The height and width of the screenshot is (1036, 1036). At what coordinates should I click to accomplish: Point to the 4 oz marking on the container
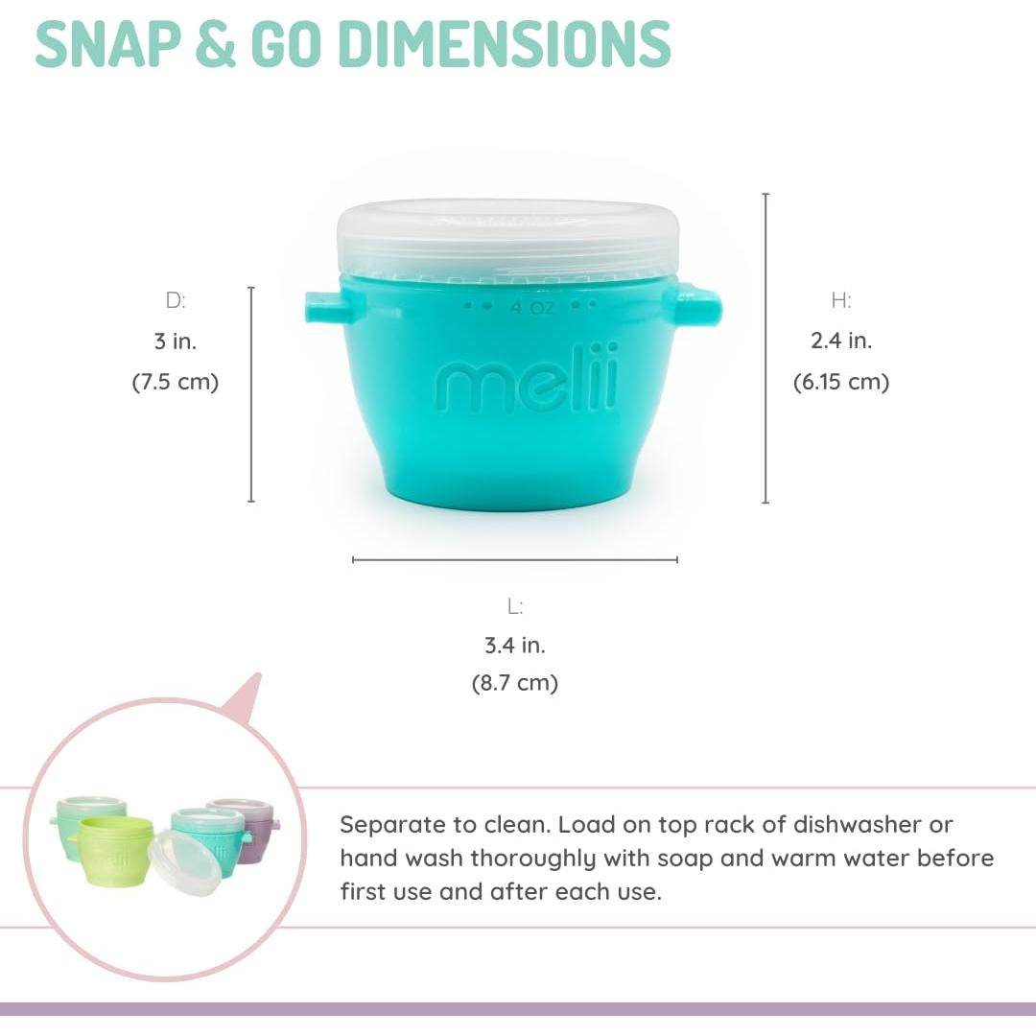[x=531, y=307]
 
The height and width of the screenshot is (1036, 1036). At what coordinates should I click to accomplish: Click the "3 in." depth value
[x=176, y=341]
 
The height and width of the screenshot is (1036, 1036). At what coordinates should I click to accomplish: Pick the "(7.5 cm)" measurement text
[x=176, y=382]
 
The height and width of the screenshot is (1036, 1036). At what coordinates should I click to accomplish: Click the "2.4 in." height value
[x=841, y=341]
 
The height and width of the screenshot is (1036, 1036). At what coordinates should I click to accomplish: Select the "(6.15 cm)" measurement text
[x=841, y=382]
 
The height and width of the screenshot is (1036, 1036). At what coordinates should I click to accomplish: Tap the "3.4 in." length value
[x=515, y=646]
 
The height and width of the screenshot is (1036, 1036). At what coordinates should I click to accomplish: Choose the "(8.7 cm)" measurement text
[x=515, y=684]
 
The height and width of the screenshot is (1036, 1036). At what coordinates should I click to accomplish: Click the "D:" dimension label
[x=176, y=300]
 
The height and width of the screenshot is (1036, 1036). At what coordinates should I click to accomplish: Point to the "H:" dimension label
[x=841, y=300]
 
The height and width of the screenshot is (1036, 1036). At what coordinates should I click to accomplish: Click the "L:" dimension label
[x=515, y=606]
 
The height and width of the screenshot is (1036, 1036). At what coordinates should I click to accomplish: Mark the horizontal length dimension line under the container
[x=515, y=559]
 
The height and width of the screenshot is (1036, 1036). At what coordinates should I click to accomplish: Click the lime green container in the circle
[x=116, y=849]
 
